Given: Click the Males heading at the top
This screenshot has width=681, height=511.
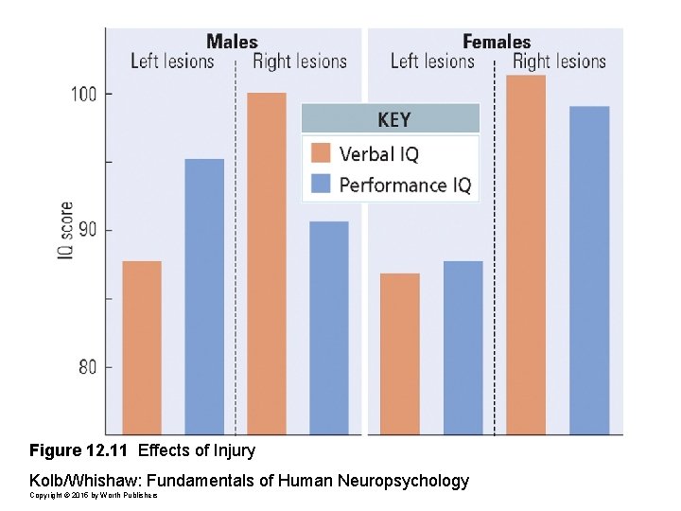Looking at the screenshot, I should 232,41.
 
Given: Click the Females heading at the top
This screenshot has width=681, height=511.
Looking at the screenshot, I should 496,41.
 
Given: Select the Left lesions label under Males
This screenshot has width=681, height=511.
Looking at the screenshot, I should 172,62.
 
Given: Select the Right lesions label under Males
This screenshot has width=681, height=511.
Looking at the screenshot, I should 299,62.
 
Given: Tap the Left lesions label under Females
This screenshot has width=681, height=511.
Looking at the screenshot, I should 432,62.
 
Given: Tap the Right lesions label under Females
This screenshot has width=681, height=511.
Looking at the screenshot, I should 559,62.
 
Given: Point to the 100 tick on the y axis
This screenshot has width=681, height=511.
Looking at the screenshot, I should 87,94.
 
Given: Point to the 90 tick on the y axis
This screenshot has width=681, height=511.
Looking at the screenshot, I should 87,230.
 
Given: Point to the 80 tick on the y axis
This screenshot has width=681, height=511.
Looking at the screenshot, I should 87,366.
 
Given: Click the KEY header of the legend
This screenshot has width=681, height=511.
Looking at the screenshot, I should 393,119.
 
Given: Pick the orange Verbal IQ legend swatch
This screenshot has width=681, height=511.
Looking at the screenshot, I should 321,153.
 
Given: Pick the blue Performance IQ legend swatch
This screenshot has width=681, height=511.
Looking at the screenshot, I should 321,184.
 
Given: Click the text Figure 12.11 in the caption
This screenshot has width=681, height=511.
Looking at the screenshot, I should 79,449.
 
